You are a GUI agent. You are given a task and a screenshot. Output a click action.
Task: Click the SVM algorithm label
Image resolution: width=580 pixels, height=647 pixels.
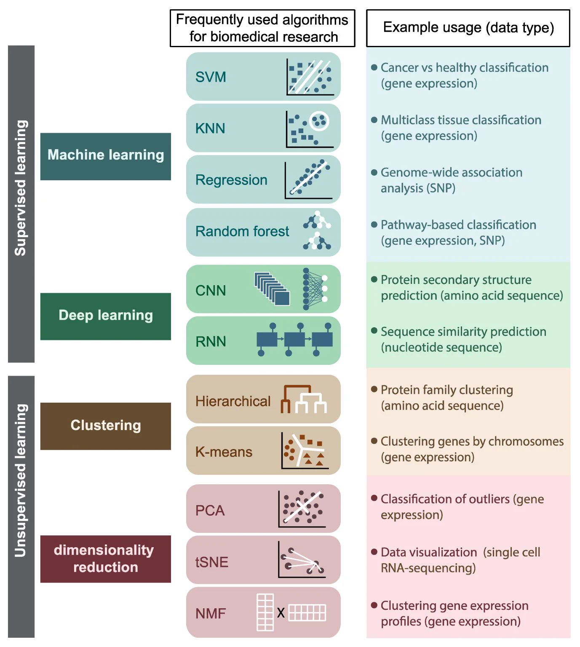[211, 77]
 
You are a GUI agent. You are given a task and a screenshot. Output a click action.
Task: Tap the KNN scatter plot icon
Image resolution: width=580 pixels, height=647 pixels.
[310, 129]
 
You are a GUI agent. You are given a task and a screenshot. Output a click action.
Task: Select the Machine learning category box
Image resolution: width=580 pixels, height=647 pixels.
[105, 156]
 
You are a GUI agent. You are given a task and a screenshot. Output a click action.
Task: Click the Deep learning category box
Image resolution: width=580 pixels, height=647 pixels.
[105, 316]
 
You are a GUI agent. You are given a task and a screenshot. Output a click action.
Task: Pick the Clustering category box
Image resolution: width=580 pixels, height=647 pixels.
[105, 426]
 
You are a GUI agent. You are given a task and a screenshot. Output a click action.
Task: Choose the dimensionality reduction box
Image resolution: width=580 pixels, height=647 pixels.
[105, 559]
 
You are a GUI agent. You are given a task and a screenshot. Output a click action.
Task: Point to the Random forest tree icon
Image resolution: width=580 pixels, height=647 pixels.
[317, 230]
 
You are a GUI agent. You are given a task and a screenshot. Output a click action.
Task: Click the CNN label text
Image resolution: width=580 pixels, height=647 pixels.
[211, 290]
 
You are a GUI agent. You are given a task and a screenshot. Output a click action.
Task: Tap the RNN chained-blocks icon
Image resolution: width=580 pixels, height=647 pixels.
[294, 340]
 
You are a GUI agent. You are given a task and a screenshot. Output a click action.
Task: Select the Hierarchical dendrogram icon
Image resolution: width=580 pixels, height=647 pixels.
[303, 399]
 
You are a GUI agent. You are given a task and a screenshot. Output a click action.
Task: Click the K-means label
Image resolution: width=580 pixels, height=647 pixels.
[224, 452]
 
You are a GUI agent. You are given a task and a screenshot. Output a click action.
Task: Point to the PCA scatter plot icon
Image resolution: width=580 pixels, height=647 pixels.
[302, 509]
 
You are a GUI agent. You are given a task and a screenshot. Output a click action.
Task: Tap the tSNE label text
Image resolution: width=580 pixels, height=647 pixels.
[212, 562]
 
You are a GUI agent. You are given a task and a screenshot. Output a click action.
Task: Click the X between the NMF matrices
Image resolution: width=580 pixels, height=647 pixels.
[281, 612]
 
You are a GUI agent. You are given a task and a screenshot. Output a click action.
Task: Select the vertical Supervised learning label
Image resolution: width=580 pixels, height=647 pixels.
[21, 188]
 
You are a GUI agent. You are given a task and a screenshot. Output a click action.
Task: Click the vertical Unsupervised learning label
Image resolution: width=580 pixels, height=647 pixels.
[21, 480]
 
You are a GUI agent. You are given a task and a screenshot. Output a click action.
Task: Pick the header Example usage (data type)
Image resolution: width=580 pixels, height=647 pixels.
[468, 28]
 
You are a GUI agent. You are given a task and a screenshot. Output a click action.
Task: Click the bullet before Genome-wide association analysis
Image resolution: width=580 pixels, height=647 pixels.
[374, 172]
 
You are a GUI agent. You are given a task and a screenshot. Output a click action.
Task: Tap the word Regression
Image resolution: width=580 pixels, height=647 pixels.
[231, 180]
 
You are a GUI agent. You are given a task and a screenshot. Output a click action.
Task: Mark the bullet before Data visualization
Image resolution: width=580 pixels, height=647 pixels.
[374, 552]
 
